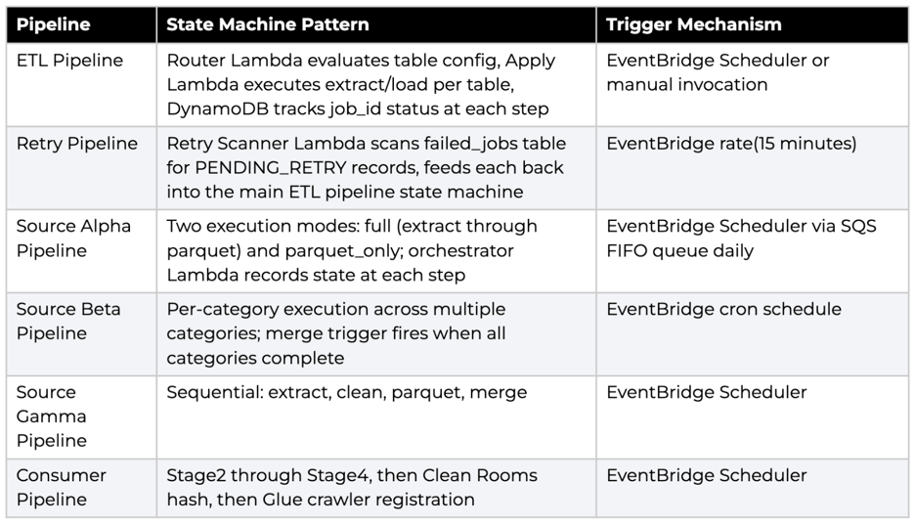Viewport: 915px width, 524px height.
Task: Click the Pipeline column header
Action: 53,24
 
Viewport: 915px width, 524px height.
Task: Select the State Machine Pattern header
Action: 268,24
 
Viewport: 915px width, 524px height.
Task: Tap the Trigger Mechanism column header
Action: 694,24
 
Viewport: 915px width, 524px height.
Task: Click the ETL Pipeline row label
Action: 69,60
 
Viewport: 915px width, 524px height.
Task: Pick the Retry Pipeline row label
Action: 77,144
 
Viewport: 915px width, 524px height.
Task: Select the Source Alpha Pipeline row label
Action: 73,239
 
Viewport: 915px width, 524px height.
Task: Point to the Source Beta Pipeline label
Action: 68,321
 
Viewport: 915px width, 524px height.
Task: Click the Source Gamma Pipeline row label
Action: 52,416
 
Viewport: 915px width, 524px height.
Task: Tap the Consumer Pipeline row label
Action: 62,487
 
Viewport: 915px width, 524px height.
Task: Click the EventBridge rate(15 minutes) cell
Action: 731,144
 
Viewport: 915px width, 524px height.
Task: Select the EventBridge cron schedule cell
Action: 723,309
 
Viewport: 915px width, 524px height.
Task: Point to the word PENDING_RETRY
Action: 271,168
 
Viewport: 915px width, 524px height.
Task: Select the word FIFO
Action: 627,251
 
